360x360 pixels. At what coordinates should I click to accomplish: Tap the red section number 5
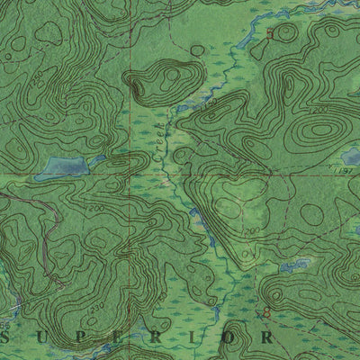click(x=269, y=33)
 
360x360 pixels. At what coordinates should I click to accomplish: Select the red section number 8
click(x=265, y=312)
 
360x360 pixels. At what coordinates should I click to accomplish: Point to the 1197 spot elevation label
click(x=341, y=168)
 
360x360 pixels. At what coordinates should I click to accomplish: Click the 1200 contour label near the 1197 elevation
click(x=321, y=110)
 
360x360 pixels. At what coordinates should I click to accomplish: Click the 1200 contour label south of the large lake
click(x=96, y=209)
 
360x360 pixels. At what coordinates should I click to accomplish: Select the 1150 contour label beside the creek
click(x=211, y=105)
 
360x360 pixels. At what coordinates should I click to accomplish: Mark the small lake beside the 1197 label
click(x=350, y=157)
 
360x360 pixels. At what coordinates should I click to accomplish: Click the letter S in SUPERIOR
click(x=7, y=337)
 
